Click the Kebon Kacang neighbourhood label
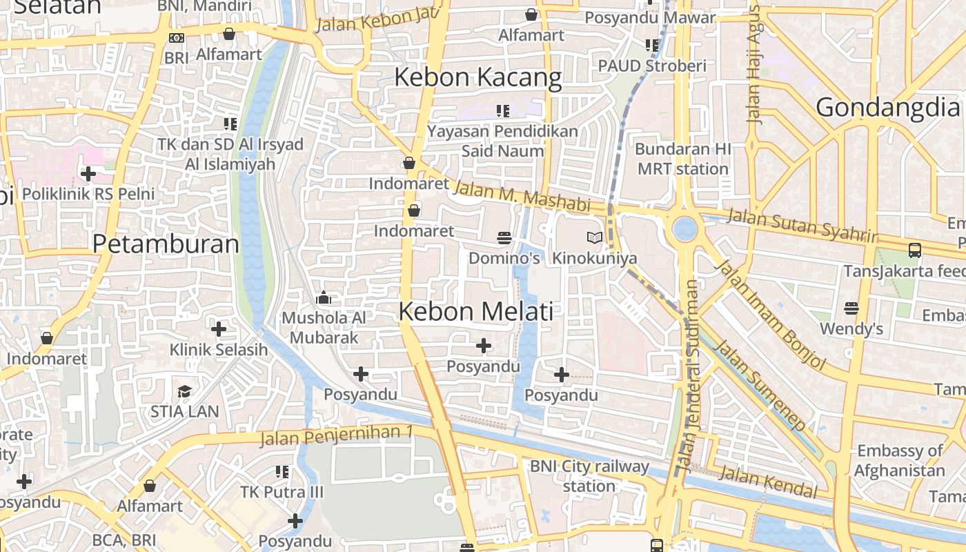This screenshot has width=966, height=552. point(477,77)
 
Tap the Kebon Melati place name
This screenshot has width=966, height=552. point(476,312)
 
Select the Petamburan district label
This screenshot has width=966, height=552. point(166,244)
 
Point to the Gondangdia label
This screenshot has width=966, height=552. point(888,108)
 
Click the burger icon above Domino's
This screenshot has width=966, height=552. point(504,238)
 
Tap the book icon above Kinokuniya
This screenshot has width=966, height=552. point(594,238)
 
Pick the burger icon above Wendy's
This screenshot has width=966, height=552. point(851,308)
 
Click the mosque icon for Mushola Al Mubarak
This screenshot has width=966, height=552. point(324,298)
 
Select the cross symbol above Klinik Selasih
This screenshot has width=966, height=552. point(219,329)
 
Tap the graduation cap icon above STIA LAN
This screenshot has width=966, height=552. point(184,392)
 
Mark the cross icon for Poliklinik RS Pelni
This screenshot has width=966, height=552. point(88,174)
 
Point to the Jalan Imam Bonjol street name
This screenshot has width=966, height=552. point(772,315)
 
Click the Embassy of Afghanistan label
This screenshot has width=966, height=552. point(900,460)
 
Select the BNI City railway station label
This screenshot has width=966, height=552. point(589,476)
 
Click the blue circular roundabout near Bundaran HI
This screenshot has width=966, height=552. point(684,228)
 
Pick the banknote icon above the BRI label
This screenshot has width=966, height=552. point(177,38)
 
